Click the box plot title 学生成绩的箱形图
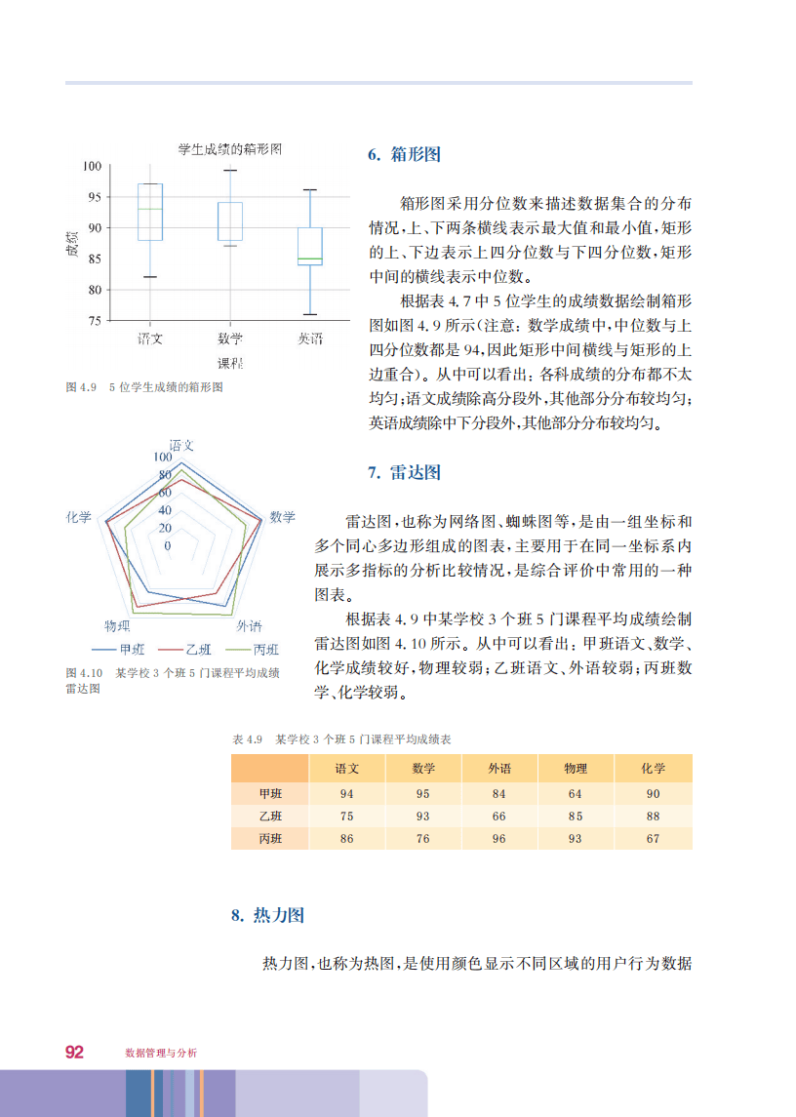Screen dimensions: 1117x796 pyautogui.click(x=229, y=149)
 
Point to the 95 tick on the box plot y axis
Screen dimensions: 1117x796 pyautogui.click(x=94, y=197)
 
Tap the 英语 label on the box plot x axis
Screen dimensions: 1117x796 pyautogui.click(x=310, y=339)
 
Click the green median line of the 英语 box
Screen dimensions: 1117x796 pyautogui.click(x=310, y=259)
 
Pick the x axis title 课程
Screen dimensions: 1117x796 pyautogui.click(x=230, y=364)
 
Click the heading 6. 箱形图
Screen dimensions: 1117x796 pyautogui.click(x=404, y=155)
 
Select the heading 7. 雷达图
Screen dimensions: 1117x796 pyautogui.click(x=404, y=473)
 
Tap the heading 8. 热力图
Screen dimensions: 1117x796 pyautogui.click(x=267, y=915)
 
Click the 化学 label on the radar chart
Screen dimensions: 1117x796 pyautogui.click(x=79, y=517)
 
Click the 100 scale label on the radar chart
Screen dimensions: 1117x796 pyautogui.click(x=161, y=457)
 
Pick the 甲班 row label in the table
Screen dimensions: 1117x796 pyautogui.click(x=269, y=794)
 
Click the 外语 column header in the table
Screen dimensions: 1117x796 pyautogui.click(x=499, y=769)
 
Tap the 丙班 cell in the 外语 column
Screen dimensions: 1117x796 pyautogui.click(x=499, y=838)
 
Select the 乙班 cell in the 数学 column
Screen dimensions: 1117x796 pyautogui.click(x=422, y=816)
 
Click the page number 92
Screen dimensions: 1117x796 pyautogui.click(x=74, y=1052)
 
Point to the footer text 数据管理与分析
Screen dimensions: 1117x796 pyautogui.click(x=161, y=1054)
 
